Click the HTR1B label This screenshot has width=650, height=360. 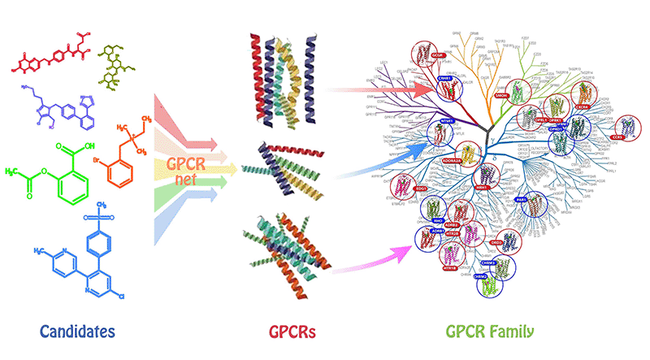448,267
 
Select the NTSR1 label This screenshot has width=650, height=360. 446,120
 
